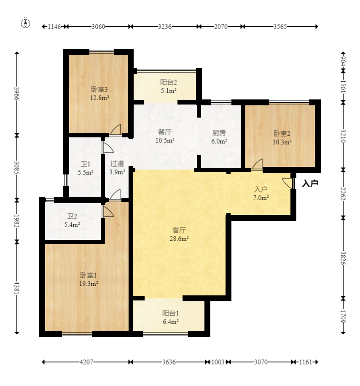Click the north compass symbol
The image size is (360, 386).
(25, 22)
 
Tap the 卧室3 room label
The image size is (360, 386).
(99, 89)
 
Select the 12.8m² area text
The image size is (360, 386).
(99, 98)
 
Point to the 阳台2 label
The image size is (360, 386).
(169, 82)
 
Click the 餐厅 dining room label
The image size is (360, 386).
(165, 132)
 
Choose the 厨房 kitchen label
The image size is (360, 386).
(219, 133)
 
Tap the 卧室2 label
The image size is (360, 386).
(282, 134)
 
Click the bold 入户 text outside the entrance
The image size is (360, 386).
(310, 183)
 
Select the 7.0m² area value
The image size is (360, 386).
(261, 198)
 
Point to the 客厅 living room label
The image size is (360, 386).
(179, 230)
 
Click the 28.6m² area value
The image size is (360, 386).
(179, 239)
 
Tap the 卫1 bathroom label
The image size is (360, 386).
(86, 164)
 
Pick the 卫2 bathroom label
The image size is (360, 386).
(72, 216)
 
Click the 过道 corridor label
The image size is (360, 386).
(117, 164)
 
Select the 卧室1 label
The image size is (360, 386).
(89, 275)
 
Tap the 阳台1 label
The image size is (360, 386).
(170, 313)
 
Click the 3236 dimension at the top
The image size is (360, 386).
(165, 27)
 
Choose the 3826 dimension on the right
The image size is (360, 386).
(343, 258)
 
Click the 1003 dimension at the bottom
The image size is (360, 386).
(218, 362)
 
